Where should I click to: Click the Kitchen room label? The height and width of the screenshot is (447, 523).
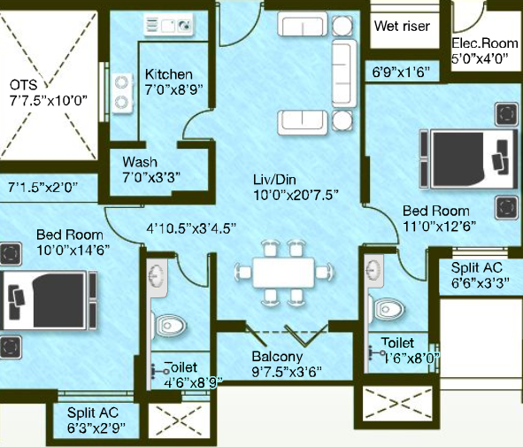point(169,74)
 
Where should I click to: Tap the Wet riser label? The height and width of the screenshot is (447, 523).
point(402,26)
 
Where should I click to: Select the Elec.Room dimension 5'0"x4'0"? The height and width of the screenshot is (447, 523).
point(480,58)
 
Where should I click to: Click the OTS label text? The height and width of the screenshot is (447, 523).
point(23,85)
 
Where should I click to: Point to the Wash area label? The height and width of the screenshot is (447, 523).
point(140,162)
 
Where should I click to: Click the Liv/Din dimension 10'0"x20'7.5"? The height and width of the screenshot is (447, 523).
point(296,195)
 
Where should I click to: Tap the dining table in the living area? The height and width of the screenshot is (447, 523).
point(283,273)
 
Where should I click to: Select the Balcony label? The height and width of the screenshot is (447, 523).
point(277,356)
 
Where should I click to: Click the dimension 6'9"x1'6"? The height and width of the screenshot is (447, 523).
point(401,72)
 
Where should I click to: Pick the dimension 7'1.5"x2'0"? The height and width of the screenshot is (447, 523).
point(43,187)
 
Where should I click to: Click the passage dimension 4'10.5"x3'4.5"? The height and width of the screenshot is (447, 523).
point(191,228)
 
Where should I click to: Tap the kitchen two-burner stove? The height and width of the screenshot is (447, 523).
point(122,93)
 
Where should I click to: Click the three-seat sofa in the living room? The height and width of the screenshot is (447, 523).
point(344,73)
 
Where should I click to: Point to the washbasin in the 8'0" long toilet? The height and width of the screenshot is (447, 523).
point(374,270)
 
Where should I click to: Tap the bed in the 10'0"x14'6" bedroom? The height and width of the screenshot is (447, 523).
point(49,300)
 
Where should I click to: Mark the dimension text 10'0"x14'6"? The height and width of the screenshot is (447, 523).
point(73,250)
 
